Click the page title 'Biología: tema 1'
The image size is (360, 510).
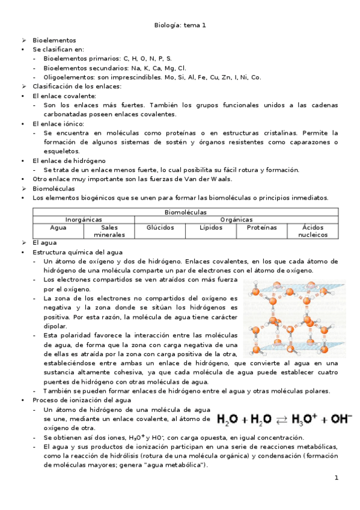tap(180, 25)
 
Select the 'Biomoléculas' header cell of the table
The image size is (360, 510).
tap(185, 212)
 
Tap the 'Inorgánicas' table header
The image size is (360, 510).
tap(84, 220)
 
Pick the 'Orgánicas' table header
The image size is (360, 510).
tap(236, 220)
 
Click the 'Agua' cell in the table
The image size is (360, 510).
tap(58, 228)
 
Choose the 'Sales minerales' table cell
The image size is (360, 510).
tap(109, 231)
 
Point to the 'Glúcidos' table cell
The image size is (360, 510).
tap(160, 228)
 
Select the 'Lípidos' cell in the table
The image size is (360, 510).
tap(210, 228)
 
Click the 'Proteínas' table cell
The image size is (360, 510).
tap(261, 228)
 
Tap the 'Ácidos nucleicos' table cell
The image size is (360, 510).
tap(313, 231)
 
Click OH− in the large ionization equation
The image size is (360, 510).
tap(340, 419)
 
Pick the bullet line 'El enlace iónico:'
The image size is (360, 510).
tap(58, 123)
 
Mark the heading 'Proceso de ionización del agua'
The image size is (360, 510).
tap(82, 400)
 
